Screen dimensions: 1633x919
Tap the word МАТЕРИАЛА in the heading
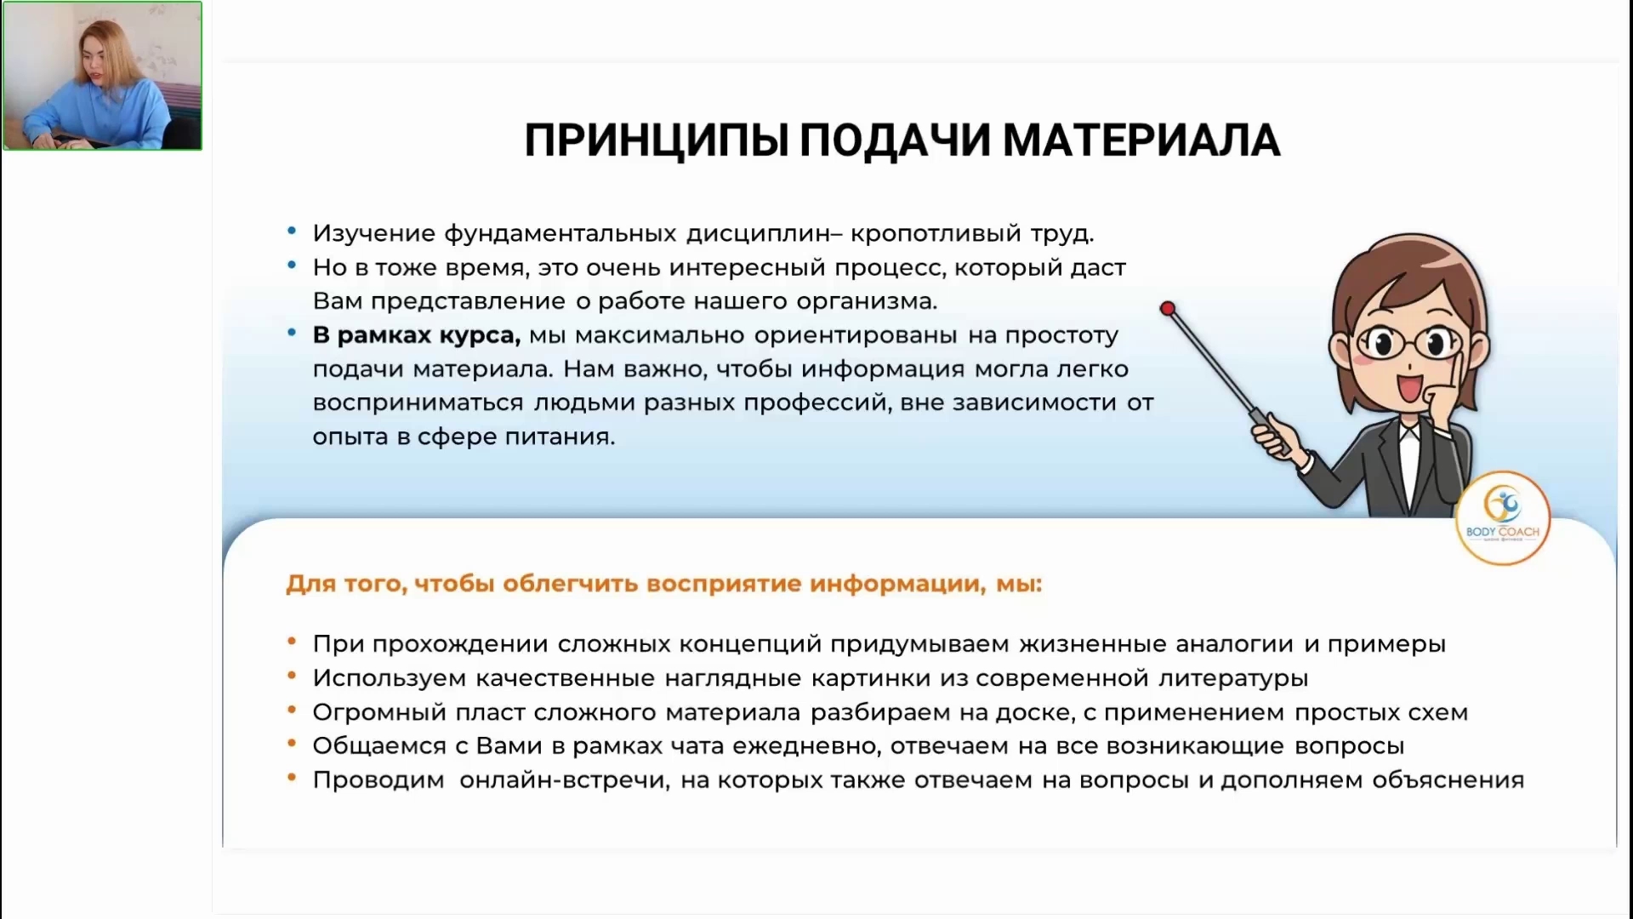(x=1141, y=140)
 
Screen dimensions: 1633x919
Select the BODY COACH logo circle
(x=1503, y=518)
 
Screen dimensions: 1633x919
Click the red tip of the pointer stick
(x=1168, y=308)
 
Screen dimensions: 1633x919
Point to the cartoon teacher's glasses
(x=1405, y=344)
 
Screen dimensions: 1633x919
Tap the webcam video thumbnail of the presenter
(x=102, y=76)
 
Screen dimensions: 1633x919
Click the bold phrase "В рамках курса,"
(x=417, y=335)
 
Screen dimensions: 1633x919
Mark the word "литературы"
(x=1233, y=679)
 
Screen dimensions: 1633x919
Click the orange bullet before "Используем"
(x=292, y=676)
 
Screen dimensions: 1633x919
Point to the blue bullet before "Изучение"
(x=292, y=231)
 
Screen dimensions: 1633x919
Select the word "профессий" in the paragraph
(x=817, y=403)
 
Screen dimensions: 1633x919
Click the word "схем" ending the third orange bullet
(x=1437, y=713)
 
